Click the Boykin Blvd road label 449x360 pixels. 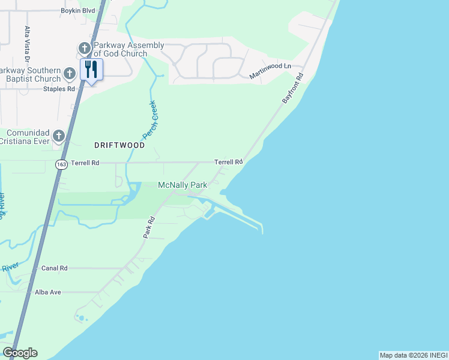[x=78, y=11]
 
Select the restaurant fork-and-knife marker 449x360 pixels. [x=91, y=69]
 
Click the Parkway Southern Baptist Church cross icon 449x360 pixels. [x=70, y=74]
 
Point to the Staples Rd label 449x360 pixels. [x=59, y=89]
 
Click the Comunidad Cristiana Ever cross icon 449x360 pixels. [x=58, y=136]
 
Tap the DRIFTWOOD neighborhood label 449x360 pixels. [x=119, y=145]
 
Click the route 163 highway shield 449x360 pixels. [x=61, y=164]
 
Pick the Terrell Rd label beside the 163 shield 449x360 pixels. [x=85, y=163]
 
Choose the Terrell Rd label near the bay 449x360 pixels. [x=229, y=162]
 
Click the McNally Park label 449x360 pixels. [x=182, y=185]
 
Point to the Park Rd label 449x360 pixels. [x=149, y=228]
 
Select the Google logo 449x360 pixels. [x=20, y=353]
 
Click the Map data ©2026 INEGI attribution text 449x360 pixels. [x=413, y=355]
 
